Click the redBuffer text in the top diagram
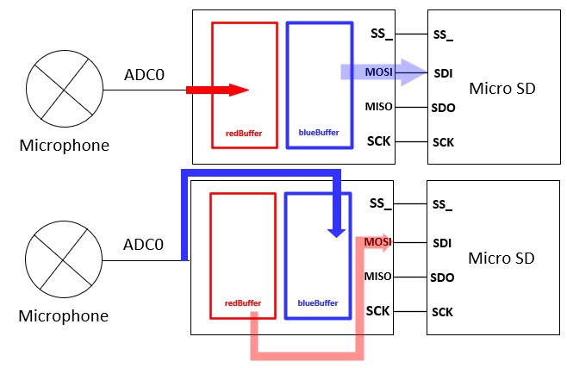coord(244,134)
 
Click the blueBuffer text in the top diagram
coord(319,134)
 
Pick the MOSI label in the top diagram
coord(379,73)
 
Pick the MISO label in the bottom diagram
coord(378,276)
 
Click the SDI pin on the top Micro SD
coord(444,73)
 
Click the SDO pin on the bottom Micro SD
coord(443,278)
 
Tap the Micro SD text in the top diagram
coord(502,88)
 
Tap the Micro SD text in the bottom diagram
coord(502,259)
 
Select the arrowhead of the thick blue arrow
coord(337,230)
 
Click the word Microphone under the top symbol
coord(64,145)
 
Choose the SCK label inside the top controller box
coord(379,140)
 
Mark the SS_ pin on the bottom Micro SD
coord(443,205)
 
